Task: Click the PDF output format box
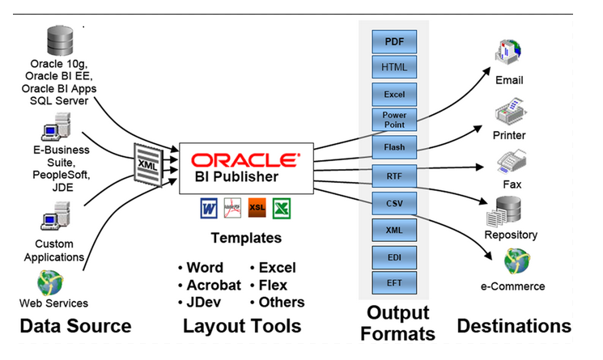pyautogui.click(x=394, y=40)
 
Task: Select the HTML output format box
pyautogui.click(x=394, y=66)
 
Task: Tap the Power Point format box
pyautogui.click(x=394, y=120)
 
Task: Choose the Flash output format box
pyautogui.click(x=394, y=147)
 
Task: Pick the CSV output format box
pyautogui.click(x=394, y=202)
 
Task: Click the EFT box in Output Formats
pyautogui.click(x=394, y=284)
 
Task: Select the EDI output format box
pyautogui.click(x=394, y=257)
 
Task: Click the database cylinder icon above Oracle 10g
pyautogui.click(x=60, y=40)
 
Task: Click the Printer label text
pyautogui.click(x=509, y=135)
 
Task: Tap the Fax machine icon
pyautogui.click(x=512, y=162)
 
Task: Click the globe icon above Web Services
pyautogui.click(x=49, y=283)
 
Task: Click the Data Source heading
pyautogui.click(x=74, y=326)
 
